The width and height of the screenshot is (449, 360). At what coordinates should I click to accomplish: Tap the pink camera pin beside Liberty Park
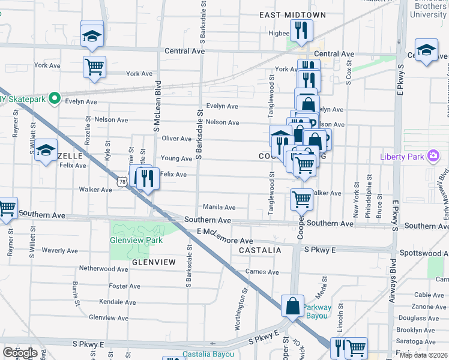coord(432,157)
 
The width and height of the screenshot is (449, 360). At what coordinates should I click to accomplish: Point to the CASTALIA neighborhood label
coord(260,250)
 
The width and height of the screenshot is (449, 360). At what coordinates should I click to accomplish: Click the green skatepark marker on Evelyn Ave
coord(55,97)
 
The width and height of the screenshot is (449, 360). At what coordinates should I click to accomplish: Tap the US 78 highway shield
coord(122,181)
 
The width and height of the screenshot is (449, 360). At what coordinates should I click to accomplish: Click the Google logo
coord(20,353)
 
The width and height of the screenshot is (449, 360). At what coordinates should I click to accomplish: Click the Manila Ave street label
coord(218,207)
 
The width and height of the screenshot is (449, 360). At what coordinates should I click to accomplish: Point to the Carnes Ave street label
coord(262,272)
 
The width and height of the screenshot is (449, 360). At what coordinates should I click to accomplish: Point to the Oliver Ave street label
coord(177,139)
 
